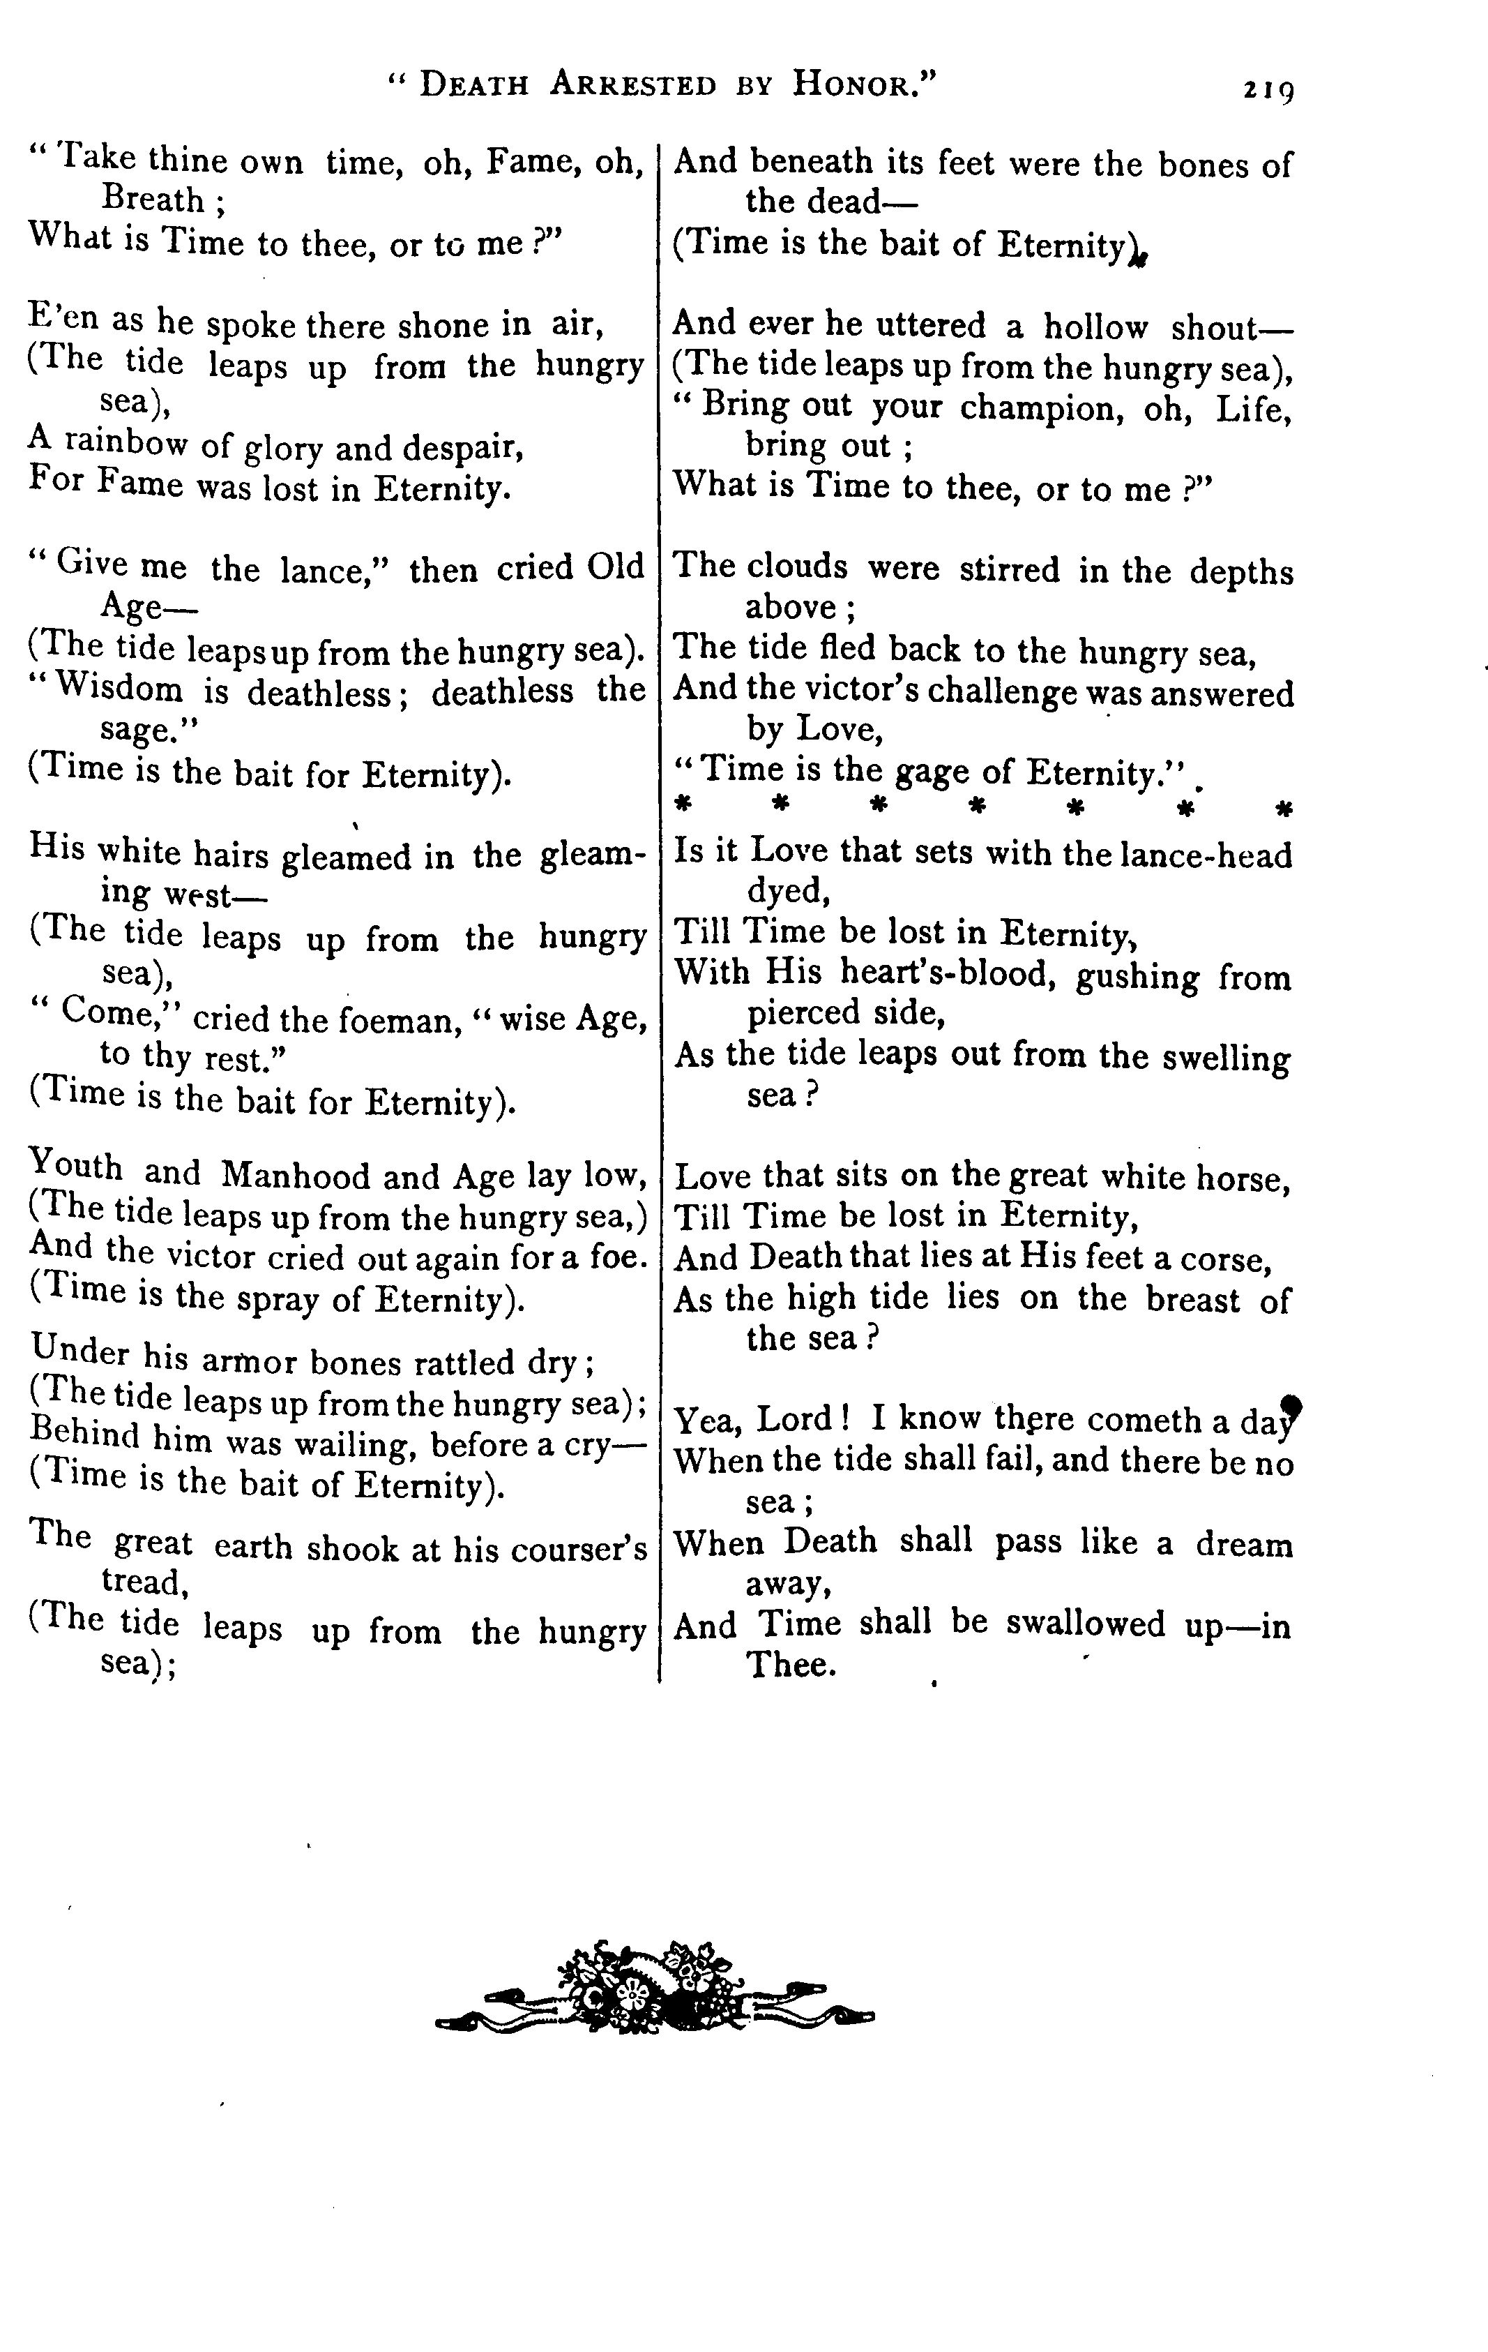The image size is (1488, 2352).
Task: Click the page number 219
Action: [x=1268, y=90]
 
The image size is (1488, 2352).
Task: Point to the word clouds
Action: [x=798, y=567]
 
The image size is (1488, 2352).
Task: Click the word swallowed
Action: [x=1086, y=1624]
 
